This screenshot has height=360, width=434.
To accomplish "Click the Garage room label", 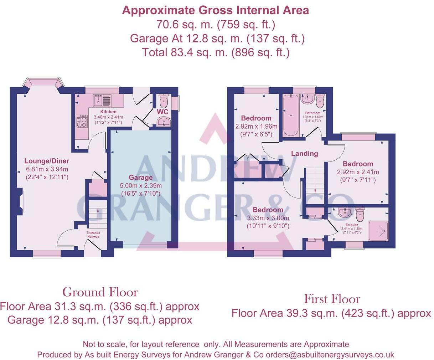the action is (x=141, y=178).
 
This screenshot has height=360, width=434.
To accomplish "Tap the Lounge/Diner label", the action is (x=47, y=161).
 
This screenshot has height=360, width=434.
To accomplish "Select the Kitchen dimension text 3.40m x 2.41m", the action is (x=108, y=117).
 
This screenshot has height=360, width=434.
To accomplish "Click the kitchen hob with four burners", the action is (x=82, y=121).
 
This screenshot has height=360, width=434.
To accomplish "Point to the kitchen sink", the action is (x=103, y=101).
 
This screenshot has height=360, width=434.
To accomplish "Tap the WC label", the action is (x=162, y=112).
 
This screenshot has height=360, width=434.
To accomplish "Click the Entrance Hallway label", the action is (x=93, y=235).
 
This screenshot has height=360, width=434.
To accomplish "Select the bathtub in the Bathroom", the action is (x=291, y=115).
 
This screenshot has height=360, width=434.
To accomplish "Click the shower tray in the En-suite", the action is (x=378, y=231).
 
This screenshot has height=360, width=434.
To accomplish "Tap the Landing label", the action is (x=305, y=154).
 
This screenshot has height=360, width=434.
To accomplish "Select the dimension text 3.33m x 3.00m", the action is (x=268, y=218).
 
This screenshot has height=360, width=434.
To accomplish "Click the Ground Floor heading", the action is (x=100, y=292).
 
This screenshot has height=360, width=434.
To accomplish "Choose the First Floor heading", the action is (x=332, y=299).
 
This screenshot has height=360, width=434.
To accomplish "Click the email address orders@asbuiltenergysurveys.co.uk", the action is (x=330, y=354).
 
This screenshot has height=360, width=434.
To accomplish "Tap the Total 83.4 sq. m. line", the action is (x=216, y=52).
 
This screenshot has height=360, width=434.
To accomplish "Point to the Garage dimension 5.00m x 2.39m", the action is (x=141, y=185).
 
